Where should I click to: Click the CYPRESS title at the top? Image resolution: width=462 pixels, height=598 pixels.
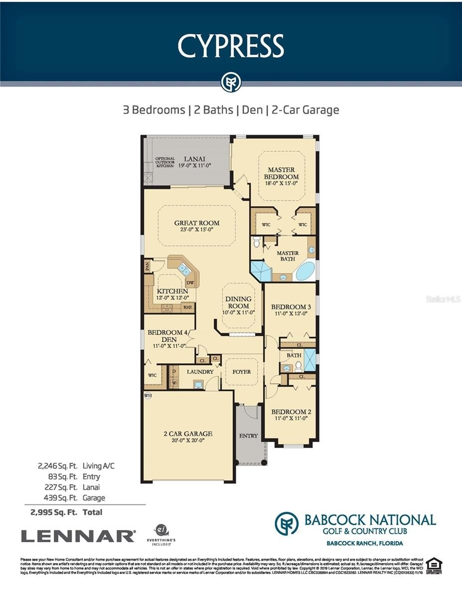(x=231, y=46)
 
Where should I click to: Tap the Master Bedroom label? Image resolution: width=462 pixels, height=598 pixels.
(x=283, y=173)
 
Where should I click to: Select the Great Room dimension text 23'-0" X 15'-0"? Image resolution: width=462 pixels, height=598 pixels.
(x=196, y=231)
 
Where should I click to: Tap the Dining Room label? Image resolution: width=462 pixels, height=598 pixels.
(x=239, y=302)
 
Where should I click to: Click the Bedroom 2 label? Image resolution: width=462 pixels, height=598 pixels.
(x=291, y=412)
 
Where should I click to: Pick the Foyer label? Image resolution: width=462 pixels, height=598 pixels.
(x=242, y=372)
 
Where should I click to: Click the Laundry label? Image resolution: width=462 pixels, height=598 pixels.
(x=200, y=372)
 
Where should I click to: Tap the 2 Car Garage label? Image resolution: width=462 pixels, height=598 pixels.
(x=188, y=434)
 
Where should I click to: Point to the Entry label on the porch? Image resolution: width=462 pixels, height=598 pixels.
(x=248, y=436)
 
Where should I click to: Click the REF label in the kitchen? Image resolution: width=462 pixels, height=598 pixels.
(x=187, y=307)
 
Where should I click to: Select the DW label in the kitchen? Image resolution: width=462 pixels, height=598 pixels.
(x=189, y=282)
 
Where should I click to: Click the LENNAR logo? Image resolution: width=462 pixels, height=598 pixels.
(x=78, y=536)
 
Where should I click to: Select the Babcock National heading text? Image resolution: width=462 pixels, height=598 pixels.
(x=370, y=520)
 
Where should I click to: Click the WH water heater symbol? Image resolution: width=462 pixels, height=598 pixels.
(x=148, y=395)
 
